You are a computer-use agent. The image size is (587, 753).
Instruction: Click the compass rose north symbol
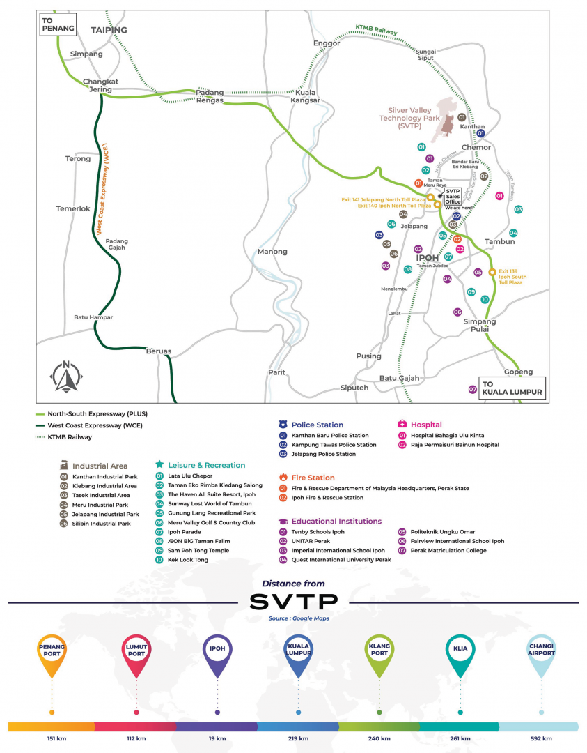pyautogui.click(x=66, y=377)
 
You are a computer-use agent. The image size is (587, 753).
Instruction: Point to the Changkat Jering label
pyautogui.click(x=101, y=86)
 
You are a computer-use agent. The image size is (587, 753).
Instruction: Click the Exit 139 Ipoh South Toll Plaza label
pyautogui.click(x=512, y=277)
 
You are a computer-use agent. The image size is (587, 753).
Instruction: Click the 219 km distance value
pyautogui.click(x=299, y=738)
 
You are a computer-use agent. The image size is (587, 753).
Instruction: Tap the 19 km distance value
pyautogui.click(x=217, y=738)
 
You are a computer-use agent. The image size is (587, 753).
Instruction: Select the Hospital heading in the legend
pyautogui.click(x=426, y=425)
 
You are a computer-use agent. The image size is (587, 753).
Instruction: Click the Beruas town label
pyautogui.click(x=158, y=351)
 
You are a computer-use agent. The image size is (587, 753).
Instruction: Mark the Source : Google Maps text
pyautogui.click(x=293, y=618)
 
